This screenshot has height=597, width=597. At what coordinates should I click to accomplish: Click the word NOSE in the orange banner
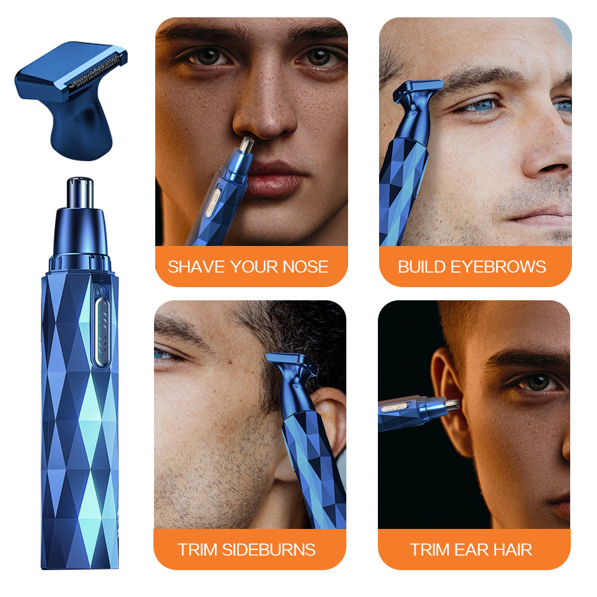pos(305,267)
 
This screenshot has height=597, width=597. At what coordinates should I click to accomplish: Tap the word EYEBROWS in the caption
pos(498,267)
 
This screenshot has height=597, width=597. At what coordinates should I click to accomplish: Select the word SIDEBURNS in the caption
pos(269,550)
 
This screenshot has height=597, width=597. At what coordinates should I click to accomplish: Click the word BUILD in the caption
pos(422,267)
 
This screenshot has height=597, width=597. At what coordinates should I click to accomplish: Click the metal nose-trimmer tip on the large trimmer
pos(80,192)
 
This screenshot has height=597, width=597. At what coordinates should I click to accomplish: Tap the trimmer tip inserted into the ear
pos(451,404)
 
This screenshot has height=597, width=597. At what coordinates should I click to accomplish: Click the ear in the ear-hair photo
pos(450,400)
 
